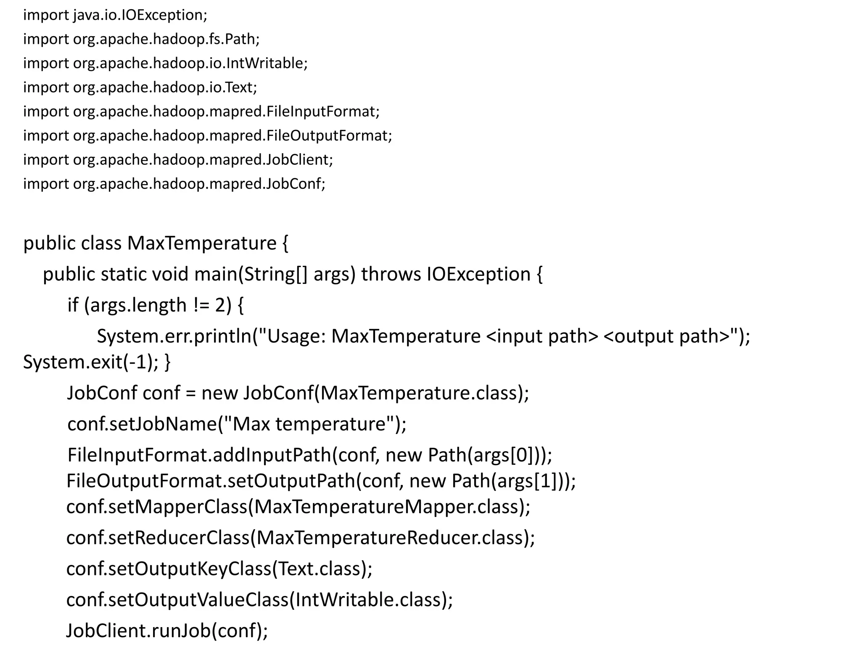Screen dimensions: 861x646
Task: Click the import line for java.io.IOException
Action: pos(115,15)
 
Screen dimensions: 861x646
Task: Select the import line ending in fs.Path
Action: pos(141,39)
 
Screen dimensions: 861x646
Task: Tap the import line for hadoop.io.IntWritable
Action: pos(165,63)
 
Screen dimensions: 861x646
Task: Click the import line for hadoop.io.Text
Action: pos(140,87)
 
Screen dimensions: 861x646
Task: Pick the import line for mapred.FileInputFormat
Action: pos(201,111)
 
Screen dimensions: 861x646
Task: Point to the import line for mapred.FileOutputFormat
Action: pos(207,135)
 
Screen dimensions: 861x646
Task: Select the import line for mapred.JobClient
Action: pos(178,160)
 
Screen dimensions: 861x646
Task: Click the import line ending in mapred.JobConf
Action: pos(174,184)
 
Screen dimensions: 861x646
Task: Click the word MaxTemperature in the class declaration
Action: pos(202,243)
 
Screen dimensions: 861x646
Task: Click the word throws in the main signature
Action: pos(391,274)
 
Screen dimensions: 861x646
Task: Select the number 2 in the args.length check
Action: pos(220,305)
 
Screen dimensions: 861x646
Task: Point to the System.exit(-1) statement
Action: pos(91,362)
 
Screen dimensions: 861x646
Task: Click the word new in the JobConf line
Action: pos(219,393)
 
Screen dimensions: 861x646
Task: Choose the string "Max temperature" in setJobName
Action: pos(309,424)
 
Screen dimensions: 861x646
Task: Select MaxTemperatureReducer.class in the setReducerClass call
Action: pos(389,537)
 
